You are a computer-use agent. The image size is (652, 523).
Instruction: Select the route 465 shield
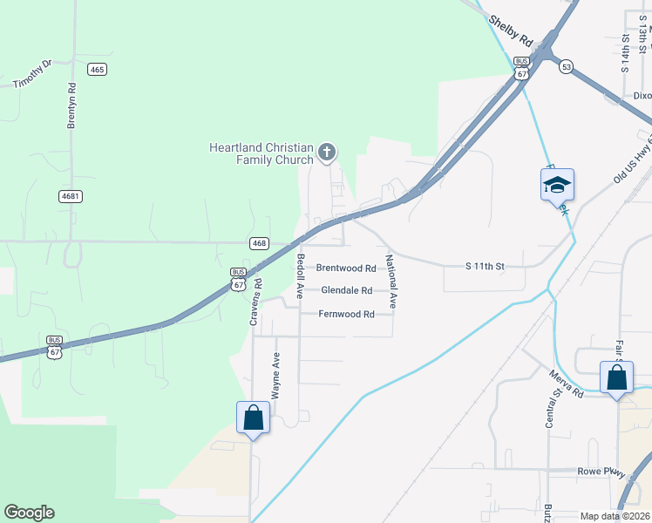coord(97,69)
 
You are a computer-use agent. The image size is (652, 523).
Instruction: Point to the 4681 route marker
coord(71,196)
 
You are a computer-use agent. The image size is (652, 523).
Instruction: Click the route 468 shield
coord(258,243)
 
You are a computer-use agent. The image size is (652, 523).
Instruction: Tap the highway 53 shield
coord(567,67)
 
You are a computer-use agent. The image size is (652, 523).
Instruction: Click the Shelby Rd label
coord(510,31)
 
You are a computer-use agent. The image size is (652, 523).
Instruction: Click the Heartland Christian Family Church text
coord(261,153)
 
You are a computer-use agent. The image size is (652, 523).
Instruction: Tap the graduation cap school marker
coord(557,185)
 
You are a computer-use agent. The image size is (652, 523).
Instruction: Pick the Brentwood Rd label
coord(345,268)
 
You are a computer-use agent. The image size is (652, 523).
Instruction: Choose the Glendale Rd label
coord(346,290)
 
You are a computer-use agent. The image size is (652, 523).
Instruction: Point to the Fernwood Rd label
coord(346,314)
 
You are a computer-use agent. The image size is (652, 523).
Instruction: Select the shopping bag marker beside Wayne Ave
coord(254,418)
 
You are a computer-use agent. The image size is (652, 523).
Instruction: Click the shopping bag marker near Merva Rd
coord(616,378)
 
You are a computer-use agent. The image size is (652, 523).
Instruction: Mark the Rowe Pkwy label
coord(601,472)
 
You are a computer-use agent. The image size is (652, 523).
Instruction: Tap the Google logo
coord(29,513)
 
